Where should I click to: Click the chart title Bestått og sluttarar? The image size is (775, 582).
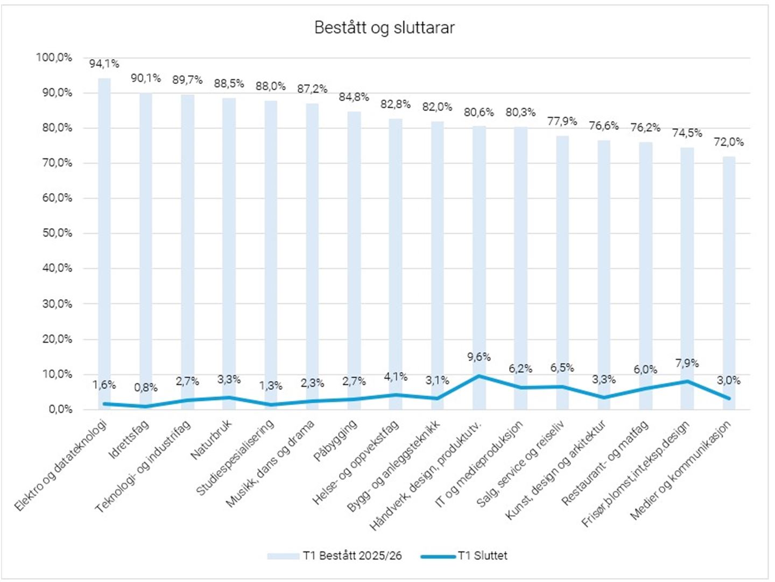[x=384, y=28]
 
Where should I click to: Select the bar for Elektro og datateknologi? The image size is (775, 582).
[x=104, y=242]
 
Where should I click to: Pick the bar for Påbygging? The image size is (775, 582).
[x=354, y=258]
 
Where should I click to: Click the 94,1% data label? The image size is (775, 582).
[x=104, y=64]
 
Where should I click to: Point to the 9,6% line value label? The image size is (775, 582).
[x=479, y=357]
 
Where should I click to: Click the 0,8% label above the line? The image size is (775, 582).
[x=146, y=387]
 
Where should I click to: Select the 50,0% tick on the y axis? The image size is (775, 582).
[x=57, y=233]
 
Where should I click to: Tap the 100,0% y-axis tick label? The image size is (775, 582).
[x=54, y=58]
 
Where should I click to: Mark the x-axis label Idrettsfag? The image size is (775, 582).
[x=129, y=441]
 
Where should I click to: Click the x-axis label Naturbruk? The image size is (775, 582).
[x=212, y=441]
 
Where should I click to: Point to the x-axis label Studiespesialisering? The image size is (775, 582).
[x=235, y=458]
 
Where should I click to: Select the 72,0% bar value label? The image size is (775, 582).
[x=729, y=142]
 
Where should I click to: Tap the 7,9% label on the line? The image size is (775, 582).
[x=687, y=364]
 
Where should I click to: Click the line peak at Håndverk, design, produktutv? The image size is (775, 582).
[x=479, y=375]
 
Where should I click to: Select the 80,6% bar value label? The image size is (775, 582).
[x=479, y=112]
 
